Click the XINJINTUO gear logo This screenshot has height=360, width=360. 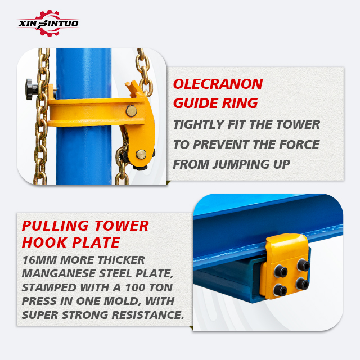48,23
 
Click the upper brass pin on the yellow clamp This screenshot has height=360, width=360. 131,111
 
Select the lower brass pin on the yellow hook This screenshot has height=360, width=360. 141,154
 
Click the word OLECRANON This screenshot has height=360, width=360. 218,84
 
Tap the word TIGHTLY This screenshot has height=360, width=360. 199,124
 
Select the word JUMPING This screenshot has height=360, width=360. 241,164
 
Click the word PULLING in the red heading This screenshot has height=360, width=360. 55,226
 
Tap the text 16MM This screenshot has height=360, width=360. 39,260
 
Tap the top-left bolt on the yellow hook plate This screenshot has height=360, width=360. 281,271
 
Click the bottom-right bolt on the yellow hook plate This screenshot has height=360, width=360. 302,284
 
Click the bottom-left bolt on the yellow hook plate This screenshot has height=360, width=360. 280,290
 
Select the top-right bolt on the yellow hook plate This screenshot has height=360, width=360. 303,265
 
